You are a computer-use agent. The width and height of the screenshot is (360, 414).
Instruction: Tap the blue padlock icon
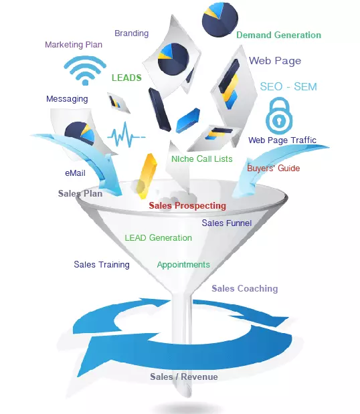point(279,116)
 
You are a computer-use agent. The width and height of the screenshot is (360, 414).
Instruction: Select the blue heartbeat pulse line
point(126,134)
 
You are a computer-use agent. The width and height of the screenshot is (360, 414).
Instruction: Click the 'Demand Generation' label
point(278,35)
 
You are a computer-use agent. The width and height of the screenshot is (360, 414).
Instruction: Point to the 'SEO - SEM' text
point(288,86)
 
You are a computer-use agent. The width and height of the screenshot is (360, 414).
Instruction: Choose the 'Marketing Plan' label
point(74,45)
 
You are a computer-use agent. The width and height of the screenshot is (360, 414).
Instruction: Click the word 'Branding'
point(132,33)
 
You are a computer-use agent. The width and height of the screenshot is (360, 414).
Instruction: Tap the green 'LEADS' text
point(126,78)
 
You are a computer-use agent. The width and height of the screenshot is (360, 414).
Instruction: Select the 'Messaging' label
point(67,99)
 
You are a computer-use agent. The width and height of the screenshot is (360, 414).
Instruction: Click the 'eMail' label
point(75,173)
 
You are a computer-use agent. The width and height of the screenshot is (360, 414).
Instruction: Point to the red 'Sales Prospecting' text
point(187,206)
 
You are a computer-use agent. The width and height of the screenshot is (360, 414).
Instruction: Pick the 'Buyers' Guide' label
point(274,168)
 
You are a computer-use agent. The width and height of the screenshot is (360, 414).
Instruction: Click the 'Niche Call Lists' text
point(202,159)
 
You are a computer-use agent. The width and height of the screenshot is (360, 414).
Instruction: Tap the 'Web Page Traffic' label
point(282,140)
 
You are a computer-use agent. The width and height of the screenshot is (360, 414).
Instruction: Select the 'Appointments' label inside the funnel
point(183,265)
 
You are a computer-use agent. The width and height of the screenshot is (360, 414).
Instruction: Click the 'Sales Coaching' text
point(245,288)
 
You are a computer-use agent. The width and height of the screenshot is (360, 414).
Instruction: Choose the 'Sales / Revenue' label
point(184,377)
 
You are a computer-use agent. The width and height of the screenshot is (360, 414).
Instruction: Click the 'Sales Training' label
point(102,265)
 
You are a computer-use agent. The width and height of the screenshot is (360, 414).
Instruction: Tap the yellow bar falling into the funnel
point(146,176)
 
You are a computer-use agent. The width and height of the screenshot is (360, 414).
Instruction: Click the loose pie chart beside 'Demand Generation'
point(220,19)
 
